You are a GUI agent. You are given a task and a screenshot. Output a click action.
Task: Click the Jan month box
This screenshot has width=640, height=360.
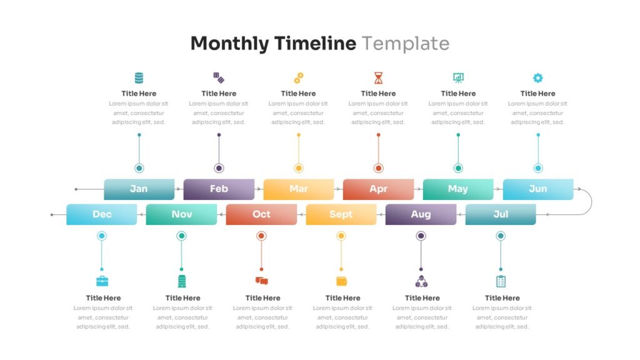[139, 189]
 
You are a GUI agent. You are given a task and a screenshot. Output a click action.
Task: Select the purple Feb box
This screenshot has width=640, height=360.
[219, 189]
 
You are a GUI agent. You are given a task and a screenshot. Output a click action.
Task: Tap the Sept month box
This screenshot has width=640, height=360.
[341, 214]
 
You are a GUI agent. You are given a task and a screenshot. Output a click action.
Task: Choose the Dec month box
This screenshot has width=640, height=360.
[102, 214]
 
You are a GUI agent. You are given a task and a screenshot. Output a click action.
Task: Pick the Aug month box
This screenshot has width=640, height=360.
[421, 214]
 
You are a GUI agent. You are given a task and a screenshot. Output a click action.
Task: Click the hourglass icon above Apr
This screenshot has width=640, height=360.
[378, 77]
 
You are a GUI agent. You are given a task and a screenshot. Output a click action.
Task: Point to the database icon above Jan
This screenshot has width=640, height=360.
[139, 77]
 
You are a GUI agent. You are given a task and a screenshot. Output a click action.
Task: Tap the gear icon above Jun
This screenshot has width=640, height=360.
[538, 77]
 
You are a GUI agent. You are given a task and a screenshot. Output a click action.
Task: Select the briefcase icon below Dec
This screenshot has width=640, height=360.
[102, 281]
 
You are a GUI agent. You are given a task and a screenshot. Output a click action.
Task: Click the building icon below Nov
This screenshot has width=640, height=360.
[182, 281]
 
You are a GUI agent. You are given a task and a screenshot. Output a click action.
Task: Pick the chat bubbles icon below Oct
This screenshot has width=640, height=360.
[262, 281]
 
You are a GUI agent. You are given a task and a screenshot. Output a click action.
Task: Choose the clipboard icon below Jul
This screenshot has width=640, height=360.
[501, 281]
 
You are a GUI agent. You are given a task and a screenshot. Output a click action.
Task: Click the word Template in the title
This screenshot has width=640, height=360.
[406, 44]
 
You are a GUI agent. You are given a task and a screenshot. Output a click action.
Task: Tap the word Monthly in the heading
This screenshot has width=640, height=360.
[230, 44]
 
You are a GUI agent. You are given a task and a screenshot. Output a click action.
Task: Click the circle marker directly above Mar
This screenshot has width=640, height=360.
[299, 168]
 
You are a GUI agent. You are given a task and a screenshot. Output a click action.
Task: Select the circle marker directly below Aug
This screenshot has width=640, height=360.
[421, 236]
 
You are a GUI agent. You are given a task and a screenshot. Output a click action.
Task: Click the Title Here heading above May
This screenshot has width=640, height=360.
[458, 94]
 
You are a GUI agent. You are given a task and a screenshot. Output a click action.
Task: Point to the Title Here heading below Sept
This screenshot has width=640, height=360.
[343, 298]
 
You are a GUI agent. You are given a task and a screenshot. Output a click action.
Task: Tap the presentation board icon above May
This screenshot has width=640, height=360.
[458, 77]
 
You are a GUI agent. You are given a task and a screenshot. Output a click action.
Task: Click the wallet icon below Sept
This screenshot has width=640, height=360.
[342, 281]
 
